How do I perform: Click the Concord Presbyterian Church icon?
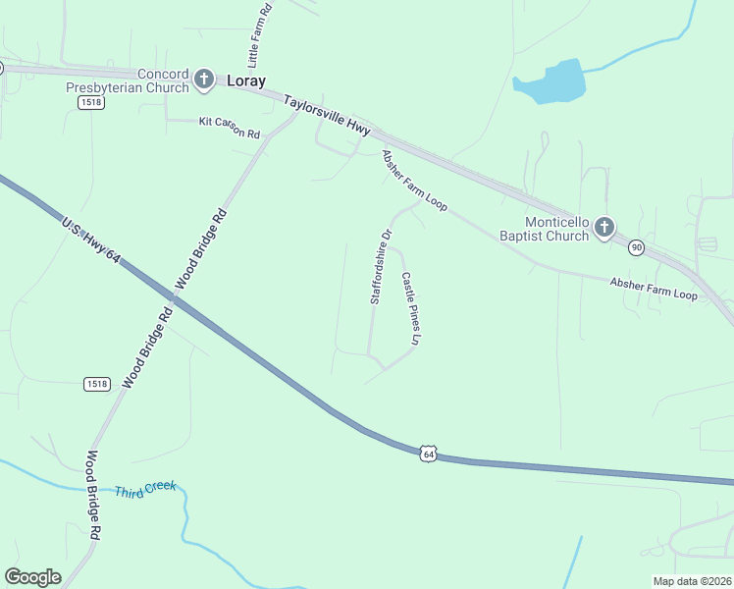(204, 80)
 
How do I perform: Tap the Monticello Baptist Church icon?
(604, 229)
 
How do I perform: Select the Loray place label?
(246, 81)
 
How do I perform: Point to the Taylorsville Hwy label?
(327, 117)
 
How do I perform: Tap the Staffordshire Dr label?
(381, 267)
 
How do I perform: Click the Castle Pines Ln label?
(410, 308)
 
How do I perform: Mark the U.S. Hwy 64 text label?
(90, 241)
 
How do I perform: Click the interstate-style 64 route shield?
(427, 453)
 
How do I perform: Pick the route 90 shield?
(637, 248)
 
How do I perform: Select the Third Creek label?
(145, 489)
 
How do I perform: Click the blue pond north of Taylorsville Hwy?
(551, 82)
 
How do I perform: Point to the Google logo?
(32, 577)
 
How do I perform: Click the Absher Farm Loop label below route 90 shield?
(653, 289)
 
